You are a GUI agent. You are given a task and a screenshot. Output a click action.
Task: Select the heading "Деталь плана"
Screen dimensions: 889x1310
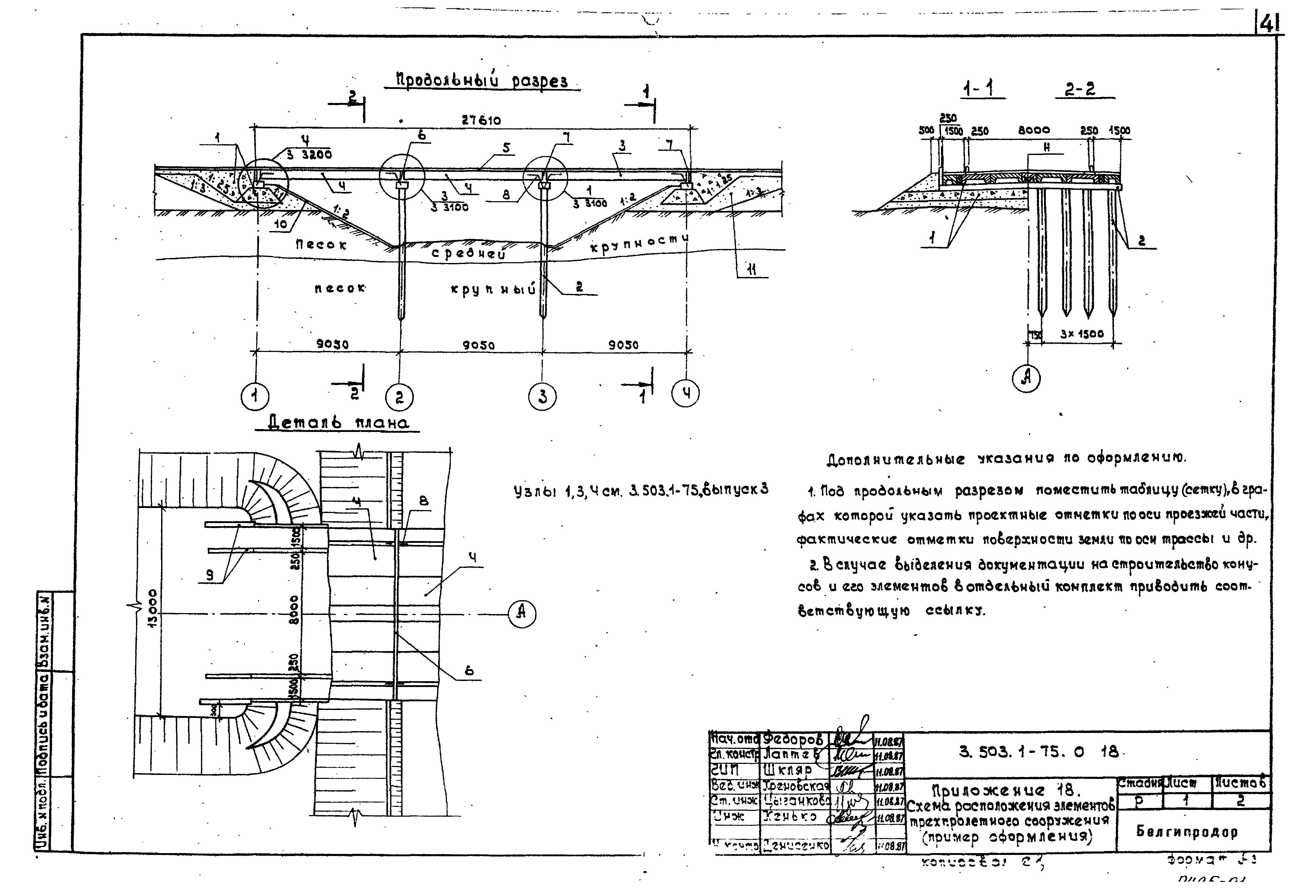click(338, 422)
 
